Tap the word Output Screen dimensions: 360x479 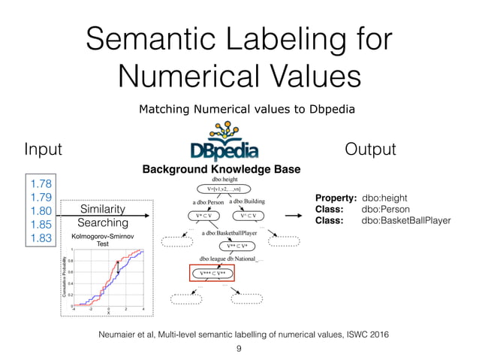point(369,149)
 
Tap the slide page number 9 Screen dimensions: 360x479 point(239,348)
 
